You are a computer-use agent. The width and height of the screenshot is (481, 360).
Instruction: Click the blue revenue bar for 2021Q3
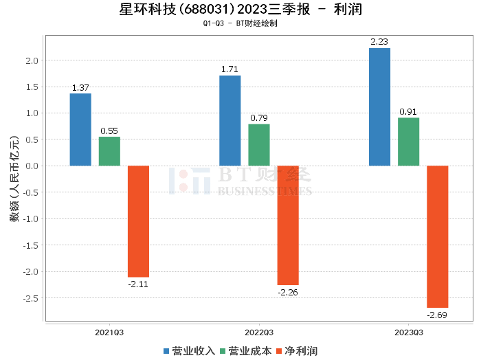tap(80, 130)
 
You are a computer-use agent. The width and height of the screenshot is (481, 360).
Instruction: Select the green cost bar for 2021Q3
tap(109, 151)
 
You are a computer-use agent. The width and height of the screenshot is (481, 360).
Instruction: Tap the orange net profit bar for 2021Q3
tap(138, 221)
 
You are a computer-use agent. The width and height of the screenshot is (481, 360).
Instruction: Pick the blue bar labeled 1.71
tap(230, 121)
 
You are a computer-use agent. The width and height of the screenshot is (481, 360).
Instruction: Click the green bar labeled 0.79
tap(259, 145)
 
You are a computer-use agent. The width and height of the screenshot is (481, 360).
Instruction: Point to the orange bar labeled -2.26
tap(288, 225)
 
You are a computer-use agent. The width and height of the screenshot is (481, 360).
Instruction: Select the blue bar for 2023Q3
tap(379, 107)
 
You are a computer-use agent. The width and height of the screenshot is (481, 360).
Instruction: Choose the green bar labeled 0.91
tap(408, 142)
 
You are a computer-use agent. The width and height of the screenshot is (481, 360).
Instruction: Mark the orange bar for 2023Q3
tap(437, 236)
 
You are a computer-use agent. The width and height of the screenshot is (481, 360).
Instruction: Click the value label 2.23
tap(379, 42)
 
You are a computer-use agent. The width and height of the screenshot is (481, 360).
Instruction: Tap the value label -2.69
tap(437, 315)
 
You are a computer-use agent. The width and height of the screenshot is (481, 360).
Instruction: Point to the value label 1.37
tap(80, 87)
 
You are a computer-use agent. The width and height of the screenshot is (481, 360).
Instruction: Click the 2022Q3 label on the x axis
tap(259, 333)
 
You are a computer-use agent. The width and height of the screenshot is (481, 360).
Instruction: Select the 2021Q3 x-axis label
tap(109, 333)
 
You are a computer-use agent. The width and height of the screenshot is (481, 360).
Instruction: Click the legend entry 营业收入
tap(189, 351)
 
